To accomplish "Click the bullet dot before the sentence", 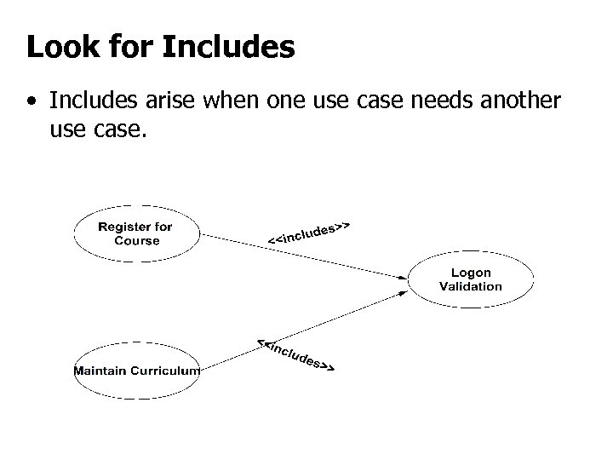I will [x=32, y=103].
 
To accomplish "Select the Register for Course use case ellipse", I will [x=135, y=233].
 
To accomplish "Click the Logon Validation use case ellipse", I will [x=471, y=279].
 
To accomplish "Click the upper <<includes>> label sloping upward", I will [x=310, y=232].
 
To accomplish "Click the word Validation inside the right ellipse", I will [x=471, y=286].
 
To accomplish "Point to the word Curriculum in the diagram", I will [x=167, y=371].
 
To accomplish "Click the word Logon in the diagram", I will [x=471, y=273].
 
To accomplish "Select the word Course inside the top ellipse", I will [x=136, y=240].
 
